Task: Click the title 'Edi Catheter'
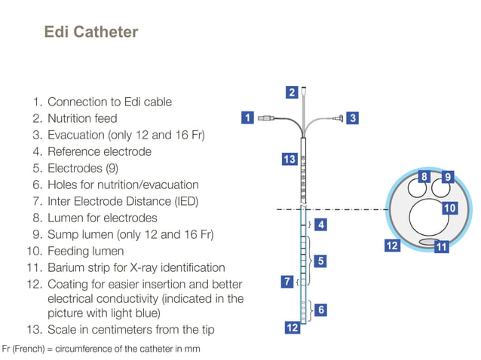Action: [x=91, y=32]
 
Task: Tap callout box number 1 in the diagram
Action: [x=247, y=117]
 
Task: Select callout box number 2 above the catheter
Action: [x=292, y=93]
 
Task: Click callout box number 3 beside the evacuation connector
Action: [x=353, y=117]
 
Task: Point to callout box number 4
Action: [x=320, y=224]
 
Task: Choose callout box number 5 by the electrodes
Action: [x=320, y=261]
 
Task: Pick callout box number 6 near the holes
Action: [x=321, y=309]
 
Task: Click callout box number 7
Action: [x=286, y=282]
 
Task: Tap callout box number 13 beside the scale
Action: [x=290, y=159]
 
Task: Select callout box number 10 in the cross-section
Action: [x=449, y=208]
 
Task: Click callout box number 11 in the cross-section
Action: [x=442, y=246]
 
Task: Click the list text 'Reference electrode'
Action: [x=99, y=151]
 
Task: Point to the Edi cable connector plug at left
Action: [x=266, y=118]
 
